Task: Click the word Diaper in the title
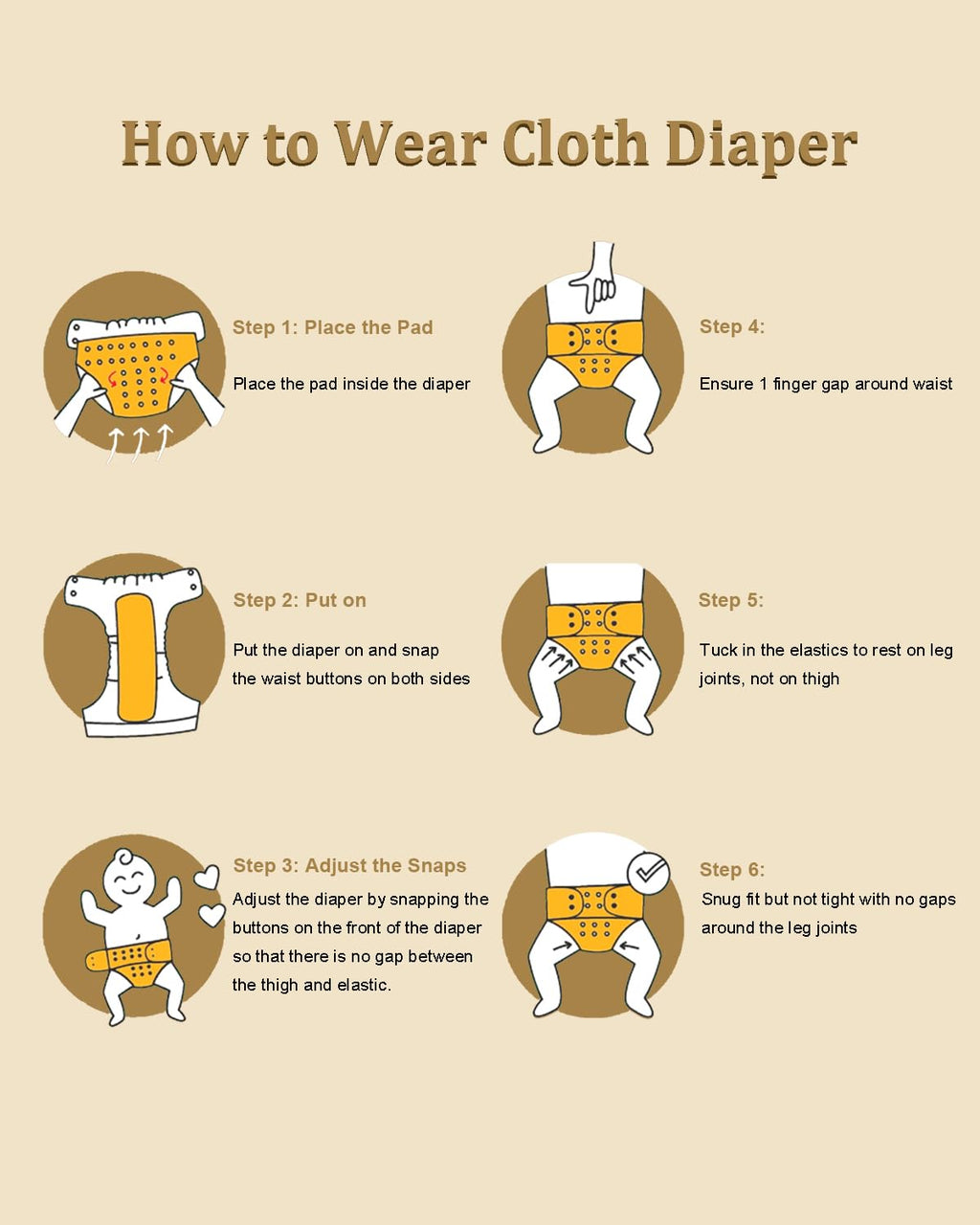761,145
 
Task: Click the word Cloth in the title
575,143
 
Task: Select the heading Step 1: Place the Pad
332,327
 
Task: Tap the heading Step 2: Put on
300,600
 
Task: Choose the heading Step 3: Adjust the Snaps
349,865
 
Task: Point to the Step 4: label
732,326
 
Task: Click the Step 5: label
730,600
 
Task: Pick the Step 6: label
732,869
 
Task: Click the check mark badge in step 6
648,873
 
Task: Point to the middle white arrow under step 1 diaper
139,446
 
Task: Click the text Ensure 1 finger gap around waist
826,384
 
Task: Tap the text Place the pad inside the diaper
351,384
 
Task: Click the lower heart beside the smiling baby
212,915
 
